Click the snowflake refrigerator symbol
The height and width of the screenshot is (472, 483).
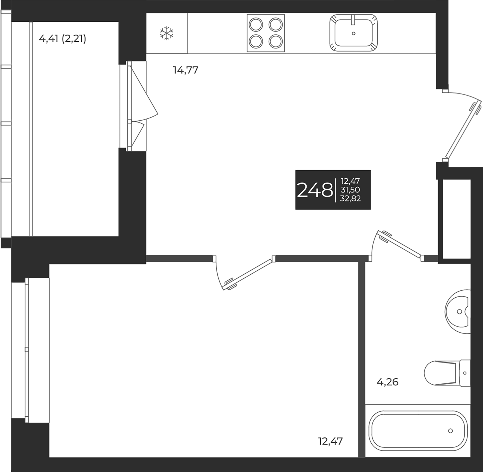point(167,33)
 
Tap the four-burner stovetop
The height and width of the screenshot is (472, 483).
point(266,33)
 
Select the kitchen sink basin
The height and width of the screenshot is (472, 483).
point(353,33)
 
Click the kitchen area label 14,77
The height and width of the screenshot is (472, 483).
point(185,70)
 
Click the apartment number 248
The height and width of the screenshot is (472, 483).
point(315,190)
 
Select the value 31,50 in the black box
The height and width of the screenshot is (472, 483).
point(350,190)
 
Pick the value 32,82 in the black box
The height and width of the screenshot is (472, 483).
point(350,199)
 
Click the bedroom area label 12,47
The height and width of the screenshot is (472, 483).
point(330,441)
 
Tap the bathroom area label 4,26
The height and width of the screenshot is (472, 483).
point(387,382)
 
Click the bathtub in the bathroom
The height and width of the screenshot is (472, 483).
point(418,431)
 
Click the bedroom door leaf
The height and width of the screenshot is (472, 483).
point(248,274)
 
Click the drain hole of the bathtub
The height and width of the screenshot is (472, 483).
point(451,431)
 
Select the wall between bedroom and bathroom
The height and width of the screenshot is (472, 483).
point(362,360)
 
